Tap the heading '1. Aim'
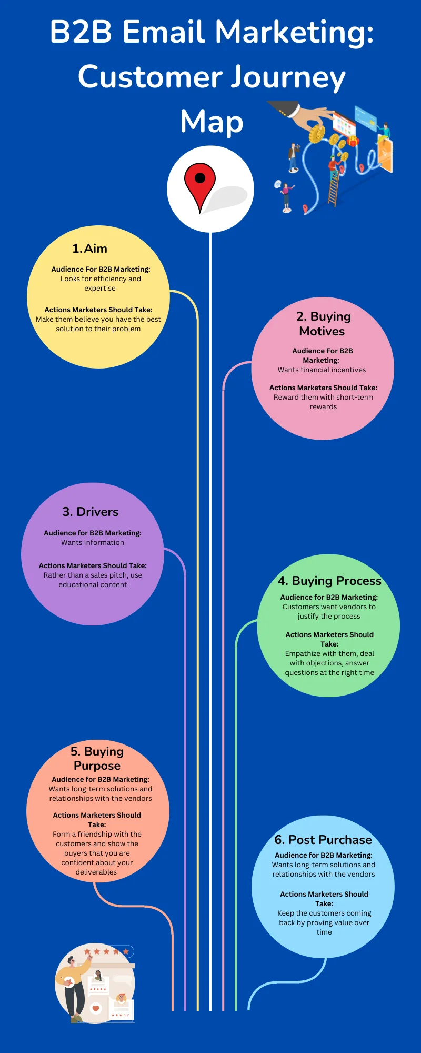[x=90, y=249]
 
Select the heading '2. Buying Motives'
[x=323, y=323]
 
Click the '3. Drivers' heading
[x=91, y=512]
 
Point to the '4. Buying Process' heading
[x=329, y=581]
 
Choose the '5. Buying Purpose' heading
[x=97, y=758]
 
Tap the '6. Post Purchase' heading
[x=323, y=840]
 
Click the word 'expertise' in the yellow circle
[x=100, y=289]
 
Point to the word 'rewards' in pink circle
[x=323, y=407]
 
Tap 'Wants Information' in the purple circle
[x=93, y=543]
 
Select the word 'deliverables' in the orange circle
[x=96, y=872]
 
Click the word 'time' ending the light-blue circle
[x=324, y=932]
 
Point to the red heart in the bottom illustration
[x=96, y=1009]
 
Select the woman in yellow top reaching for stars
[x=74, y=985]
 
